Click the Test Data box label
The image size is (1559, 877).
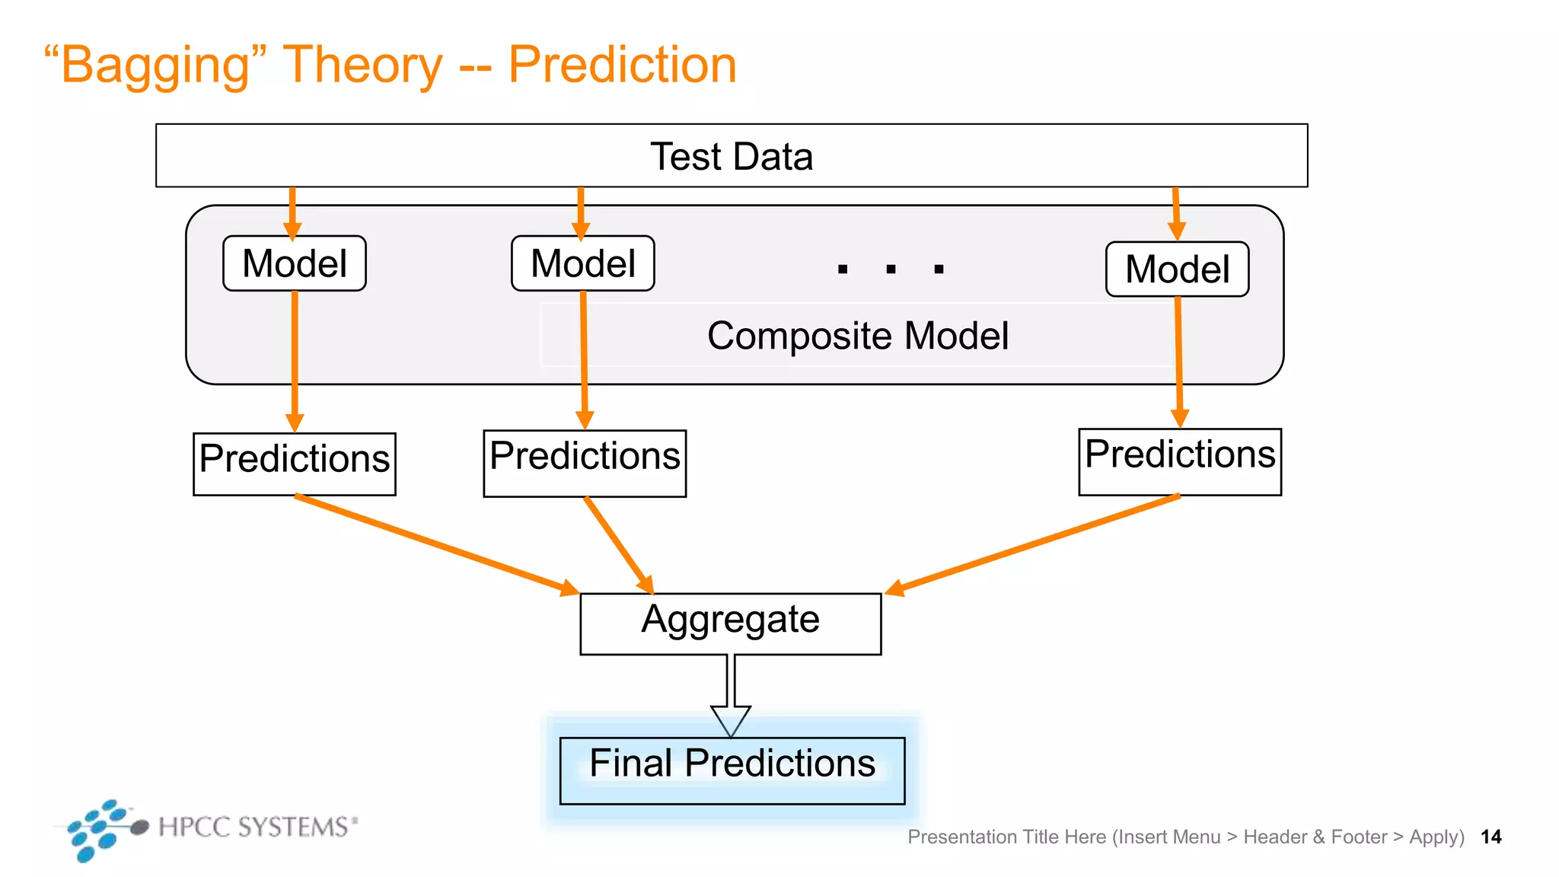[x=732, y=156]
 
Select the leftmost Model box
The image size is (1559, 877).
[x=295, y=263]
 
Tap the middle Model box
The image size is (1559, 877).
[x=583, y=263]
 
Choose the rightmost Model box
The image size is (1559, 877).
[x=1177, y=269]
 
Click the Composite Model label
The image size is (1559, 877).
[x=858, y=336]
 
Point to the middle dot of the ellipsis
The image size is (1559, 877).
[x=891, y=269]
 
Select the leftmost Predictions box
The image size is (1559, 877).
[x=295, y=464]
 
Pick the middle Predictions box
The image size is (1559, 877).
[x=585, y=463]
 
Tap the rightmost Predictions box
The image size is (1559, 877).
[x=1180, y=461]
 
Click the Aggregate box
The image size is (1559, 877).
[x=731, y=623]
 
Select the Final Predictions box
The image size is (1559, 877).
[x=732, y=770]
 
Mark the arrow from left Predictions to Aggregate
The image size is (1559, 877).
[x=434, y=544]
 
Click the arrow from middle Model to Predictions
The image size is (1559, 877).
[x=584, y=358]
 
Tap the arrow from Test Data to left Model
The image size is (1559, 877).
[x=292, y=213]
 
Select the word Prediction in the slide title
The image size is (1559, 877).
[x=622, y=65]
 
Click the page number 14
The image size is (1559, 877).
[x=1490, y=837]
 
